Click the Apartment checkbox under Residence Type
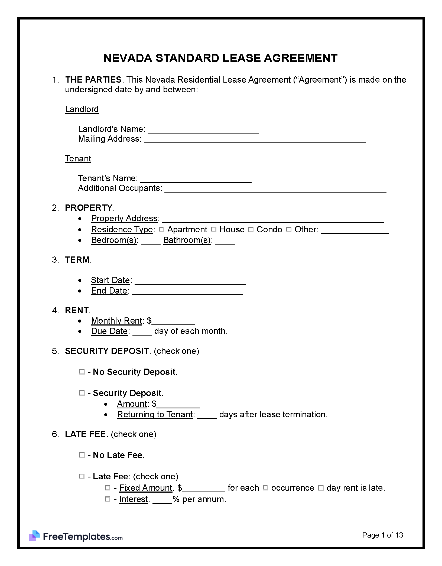tap(161, 229)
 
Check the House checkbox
tap(213, 229)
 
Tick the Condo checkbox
tap(251, 229)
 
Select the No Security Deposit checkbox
tap(82, 372)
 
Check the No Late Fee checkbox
tap(82, 455)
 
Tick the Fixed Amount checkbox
tap(108, 488)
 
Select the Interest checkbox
tap(108, 499)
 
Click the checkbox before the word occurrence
tap(265, 488)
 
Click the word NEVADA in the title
tap(128, 58)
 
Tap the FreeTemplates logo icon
tap(34, 536)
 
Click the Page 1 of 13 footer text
tap(382, 535)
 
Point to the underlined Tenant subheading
tap(78, 158)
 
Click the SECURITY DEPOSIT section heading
tap(107, 351)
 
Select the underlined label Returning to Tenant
tap(155, 414)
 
